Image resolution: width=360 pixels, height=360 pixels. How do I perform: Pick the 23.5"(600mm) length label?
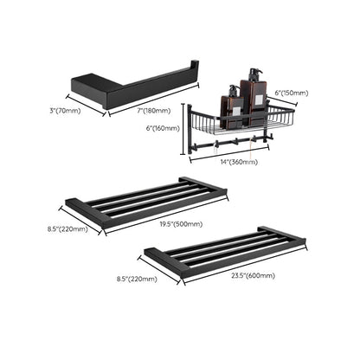click(x=253, y=275)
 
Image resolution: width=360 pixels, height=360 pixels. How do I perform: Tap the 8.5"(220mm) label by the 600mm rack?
click(x=136, y=279)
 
